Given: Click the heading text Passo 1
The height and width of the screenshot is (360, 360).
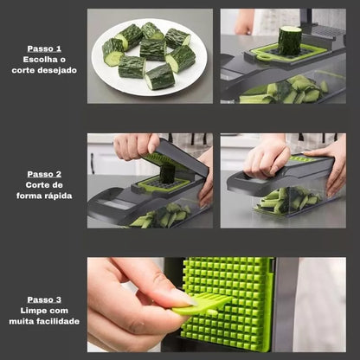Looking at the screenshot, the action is [x=44, y=48].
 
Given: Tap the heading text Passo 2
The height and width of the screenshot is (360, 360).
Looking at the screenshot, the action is [x=44, y=174].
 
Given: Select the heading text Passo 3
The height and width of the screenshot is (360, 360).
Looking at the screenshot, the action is [x=44, y=299].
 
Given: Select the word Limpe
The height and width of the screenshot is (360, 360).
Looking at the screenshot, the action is [x=32, y=311].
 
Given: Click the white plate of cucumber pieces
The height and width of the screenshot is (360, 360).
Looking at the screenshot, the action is [x=149, y=57].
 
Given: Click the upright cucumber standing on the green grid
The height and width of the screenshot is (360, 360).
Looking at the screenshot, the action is [x=290, y=41].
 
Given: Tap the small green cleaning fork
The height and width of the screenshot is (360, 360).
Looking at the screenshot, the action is [x=202, y=304].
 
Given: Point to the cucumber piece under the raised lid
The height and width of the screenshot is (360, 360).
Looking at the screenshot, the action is [x=167, y=173].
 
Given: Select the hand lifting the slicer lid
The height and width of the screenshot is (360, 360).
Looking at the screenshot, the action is [x=136, y=146].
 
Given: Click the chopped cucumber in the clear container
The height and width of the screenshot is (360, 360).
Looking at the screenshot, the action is [x=289, y=199].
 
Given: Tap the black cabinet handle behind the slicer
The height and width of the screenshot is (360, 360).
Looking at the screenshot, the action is [x=93, y=164].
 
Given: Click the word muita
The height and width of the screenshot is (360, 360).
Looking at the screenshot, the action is [x=19, y=321].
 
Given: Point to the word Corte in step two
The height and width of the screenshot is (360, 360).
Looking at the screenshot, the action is [x=36, y=185].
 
